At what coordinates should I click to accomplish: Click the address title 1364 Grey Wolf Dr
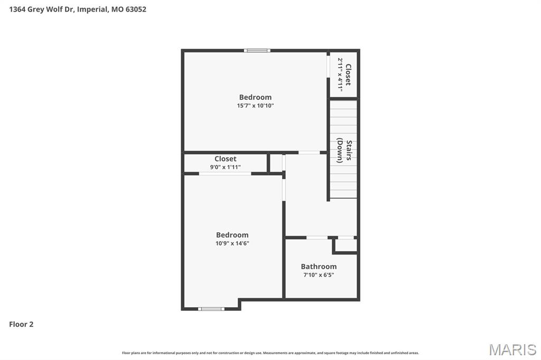[x=78, y=9]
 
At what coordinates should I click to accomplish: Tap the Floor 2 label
[x=21, y=324]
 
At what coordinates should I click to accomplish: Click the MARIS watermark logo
[x=512, y=349]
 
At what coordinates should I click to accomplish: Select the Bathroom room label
[x=319, y=267]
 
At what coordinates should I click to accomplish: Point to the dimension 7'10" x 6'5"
[x=319, y=275]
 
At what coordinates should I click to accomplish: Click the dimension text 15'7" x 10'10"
[x=255, y=106]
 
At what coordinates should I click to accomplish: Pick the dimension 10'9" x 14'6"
[x=232, y=243]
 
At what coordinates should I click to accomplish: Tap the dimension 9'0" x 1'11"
[x=225, y=167]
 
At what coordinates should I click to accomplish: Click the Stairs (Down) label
[x=344, y=151]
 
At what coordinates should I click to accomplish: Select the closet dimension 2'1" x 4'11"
[x=340, y=74]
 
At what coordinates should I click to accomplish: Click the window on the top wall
[x=257, y=51]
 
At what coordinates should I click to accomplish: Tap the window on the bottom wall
[x=211, y=309]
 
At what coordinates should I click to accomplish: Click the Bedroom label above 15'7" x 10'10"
[x=255, y=97]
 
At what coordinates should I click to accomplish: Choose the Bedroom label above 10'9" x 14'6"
[x=232, y=235]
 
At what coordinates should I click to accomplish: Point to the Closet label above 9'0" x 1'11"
[x=225, y=159]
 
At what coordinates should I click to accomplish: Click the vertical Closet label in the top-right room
[x=348, y=74]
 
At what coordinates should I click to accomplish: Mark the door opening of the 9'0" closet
[x=225, y=173]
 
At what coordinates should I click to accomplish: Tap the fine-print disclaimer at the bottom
[x=270, y=353]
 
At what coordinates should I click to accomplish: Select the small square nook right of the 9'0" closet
[x=276, y=163]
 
